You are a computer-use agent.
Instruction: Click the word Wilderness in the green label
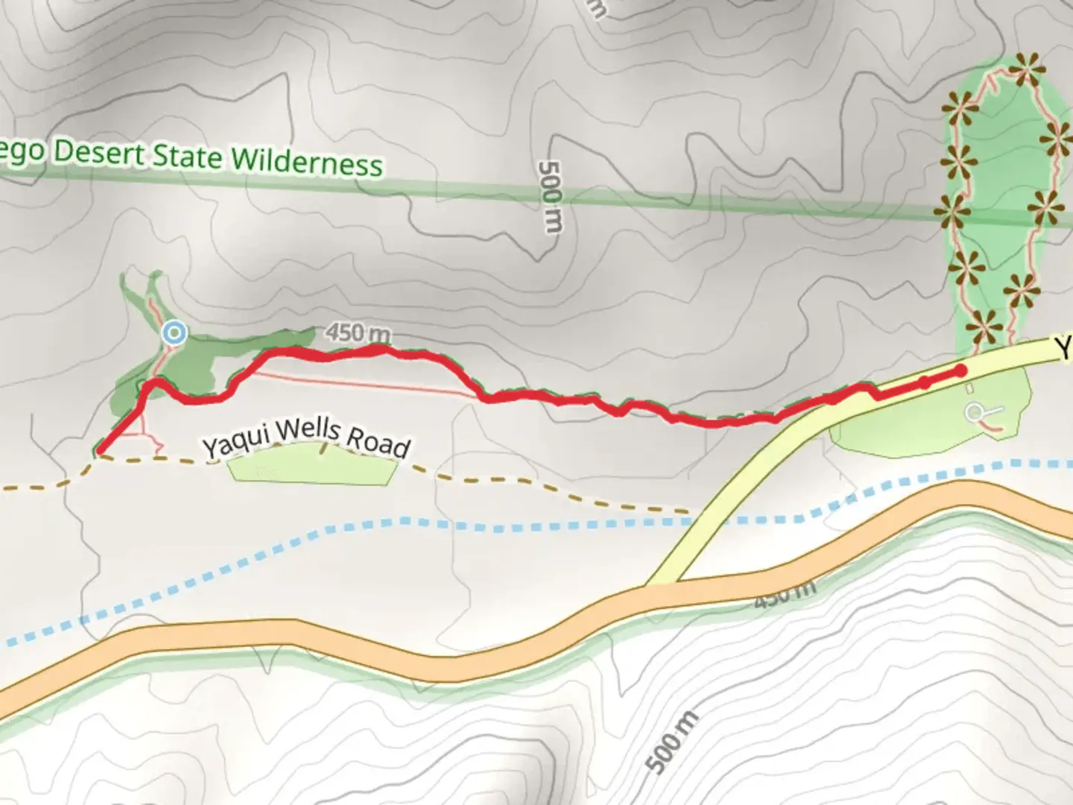tap(306, 161)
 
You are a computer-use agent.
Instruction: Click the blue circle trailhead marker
tap(175, 332)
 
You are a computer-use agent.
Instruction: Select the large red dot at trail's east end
tap(960, 370)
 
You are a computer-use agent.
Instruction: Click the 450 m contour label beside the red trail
tap(358, 333)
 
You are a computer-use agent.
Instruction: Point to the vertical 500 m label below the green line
tap(550, 195)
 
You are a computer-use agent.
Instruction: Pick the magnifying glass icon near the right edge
tap(976, 412)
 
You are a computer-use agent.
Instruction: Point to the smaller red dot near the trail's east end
tap(924, 382)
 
